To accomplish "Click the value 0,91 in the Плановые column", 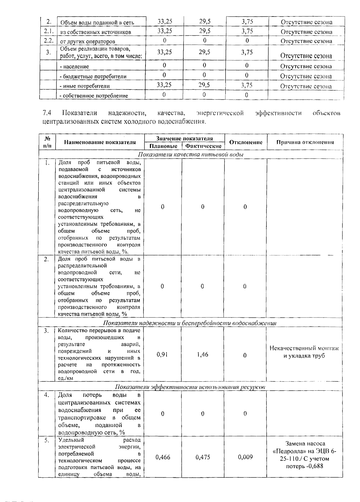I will pyautogui.click(x=162, y=355).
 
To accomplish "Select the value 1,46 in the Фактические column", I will pyautogui.click(x=203, y=355).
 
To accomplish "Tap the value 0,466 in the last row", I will pyautogui.click(x=163, y=457).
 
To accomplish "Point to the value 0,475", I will pyautogui.click(x=203, y=457).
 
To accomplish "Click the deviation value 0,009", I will pyautogui.click(x=245, y=457).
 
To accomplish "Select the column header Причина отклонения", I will pyautogui.click(x=305, y=143).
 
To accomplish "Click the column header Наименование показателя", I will pyautogui.click(x=100, y=143).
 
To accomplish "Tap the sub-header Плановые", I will pyautogui.click(x=163, y=146).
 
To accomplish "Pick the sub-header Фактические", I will pyautogui.click(x=203, y=146).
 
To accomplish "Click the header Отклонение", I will pyautogui.click(x=246, y=143).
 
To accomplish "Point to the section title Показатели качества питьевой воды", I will pyautogui.click(x=190, y=155).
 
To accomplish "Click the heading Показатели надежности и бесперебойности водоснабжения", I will pyautogui.click(x=190, y=323).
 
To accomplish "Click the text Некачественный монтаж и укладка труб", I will pyautogui.click(x=304, y=352).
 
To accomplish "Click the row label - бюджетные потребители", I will pyautogui.click(x=93, y=76).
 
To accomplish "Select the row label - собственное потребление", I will pyautogui.click(x=94, y=96).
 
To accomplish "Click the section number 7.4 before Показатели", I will pyautogui.click(x=47, y=113).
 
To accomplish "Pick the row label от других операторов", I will pyautogui.click(x=88, y=42).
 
